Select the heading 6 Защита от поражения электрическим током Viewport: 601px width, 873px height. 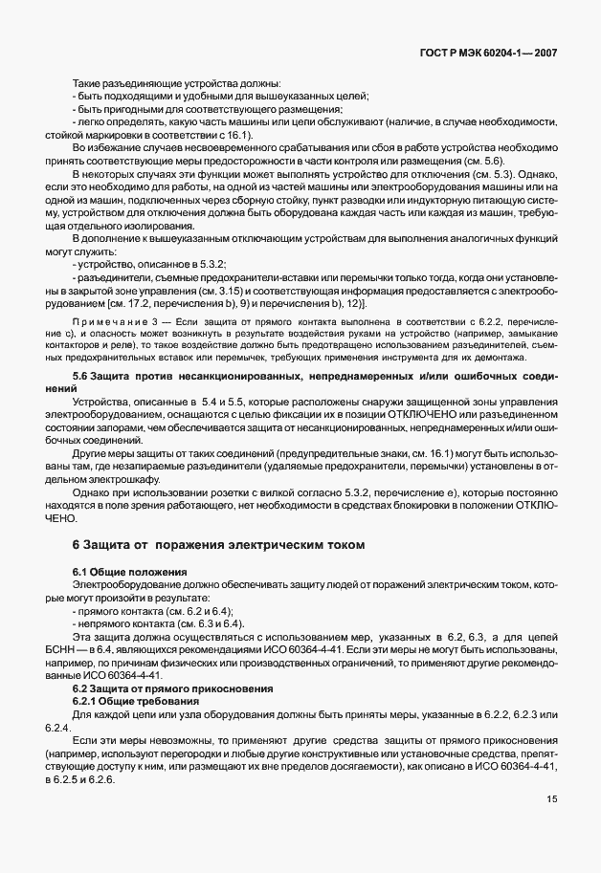coord(219,546)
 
